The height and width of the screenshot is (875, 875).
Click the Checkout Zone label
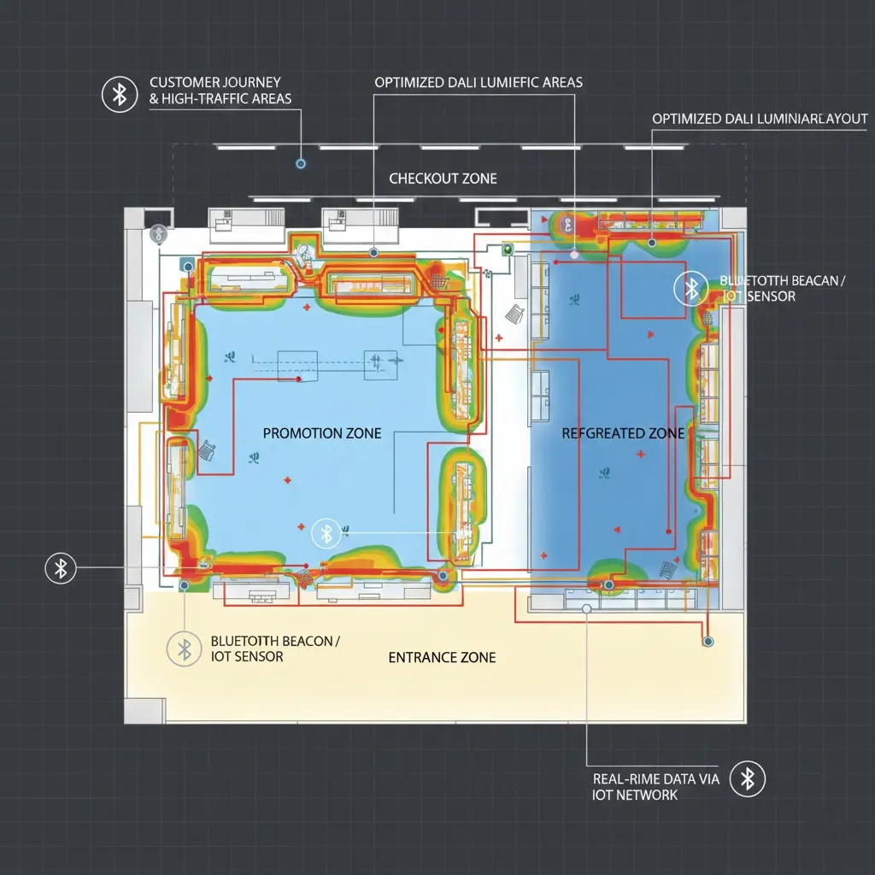[x=443, y=179]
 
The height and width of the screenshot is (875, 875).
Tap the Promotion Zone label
[x=322, y=433]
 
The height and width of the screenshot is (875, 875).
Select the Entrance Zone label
[x=442, y=657]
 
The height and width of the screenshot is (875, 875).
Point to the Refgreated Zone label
[x=623, y=433]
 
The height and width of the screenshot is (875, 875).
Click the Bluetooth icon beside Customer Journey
[x=120, y=94]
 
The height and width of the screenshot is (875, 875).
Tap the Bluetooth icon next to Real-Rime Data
[x=747, y=778]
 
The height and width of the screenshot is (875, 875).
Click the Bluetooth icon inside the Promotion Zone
[x=326, y=534]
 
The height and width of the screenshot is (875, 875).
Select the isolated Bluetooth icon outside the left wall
[x=61, y=568]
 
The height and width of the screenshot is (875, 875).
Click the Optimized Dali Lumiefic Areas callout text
[x=479, y=83]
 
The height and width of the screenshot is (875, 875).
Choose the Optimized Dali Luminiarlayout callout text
[x=760, y=119]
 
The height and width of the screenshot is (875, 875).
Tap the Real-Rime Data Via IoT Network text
[x=655, y=787]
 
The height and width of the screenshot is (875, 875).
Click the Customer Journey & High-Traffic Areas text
[x=220, y=91]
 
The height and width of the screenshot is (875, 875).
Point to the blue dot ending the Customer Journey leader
[x=301, y=163]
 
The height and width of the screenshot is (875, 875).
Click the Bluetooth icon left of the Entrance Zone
[x=185, y=649]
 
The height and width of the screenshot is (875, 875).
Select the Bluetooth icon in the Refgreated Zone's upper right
[x=691, y=289]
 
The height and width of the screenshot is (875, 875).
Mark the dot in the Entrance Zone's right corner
[x=708, y=642]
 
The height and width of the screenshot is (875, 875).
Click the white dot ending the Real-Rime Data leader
[x=586, y=608]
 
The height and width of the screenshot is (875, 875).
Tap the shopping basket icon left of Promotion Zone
[x=207, y=449]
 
